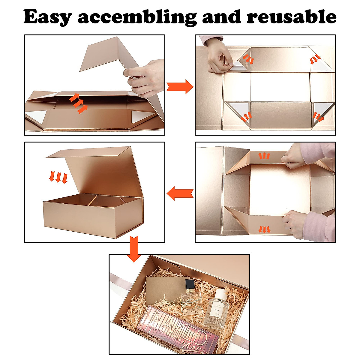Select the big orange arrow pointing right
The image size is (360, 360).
[180, 87]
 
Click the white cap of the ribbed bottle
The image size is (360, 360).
[221, 294]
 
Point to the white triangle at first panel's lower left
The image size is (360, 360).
[36, 116]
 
